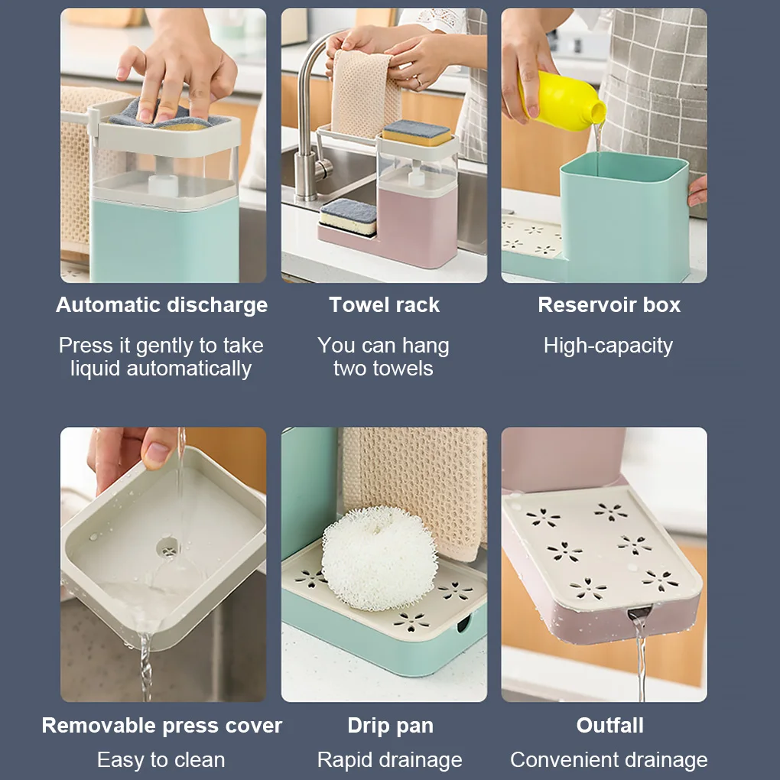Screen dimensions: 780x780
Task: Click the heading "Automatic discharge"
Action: coord(161,305)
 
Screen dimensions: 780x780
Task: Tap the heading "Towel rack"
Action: coord(384,305)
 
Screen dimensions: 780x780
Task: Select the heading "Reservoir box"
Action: coord(609,305)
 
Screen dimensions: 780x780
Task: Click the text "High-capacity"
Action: coord(608,346)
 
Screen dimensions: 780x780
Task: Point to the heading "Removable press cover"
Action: coord(161,726)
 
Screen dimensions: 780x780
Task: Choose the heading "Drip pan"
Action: coord(390,726)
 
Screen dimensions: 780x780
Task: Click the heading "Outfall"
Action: coord(609,726)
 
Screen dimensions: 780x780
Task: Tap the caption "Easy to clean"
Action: coord(161,760)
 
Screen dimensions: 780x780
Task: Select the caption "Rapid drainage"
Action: coord(389,760)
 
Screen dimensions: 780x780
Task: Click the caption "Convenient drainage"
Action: coord(609,760)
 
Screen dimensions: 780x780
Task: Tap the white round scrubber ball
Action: coord(379,558)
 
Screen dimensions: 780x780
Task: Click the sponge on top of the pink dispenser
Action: coord(416,132)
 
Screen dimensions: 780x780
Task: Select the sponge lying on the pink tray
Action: coord(348,216)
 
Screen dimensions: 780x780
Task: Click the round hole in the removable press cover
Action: coord(167,547)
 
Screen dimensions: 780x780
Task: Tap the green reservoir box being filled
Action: coord(623,214)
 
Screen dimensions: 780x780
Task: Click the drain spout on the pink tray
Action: coord(639,612)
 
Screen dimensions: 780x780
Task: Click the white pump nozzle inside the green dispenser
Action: coord(163,185)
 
